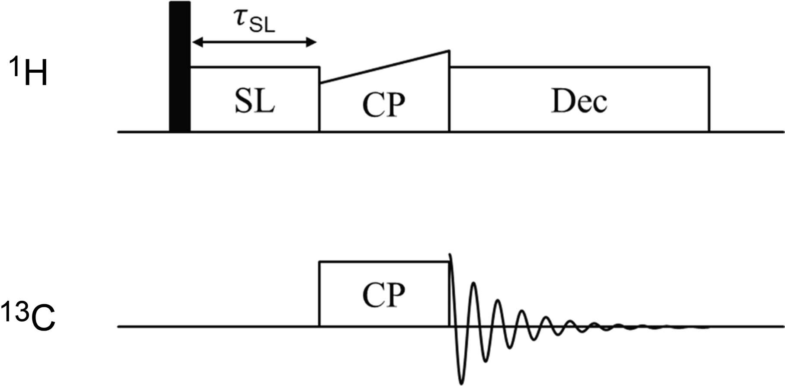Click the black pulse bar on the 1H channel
(x=180, y=67)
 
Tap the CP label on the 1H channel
(x=384, y=104)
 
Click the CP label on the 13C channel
(x=384, y=295)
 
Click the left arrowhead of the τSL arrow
(x=196, y=42)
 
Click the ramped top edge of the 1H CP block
(x=384, y=67)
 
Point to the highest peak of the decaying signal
(x=450, y=255)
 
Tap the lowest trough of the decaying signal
(x=461, y=383)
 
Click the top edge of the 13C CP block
(x=384, y=261)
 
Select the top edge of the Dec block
(x=579, y=67)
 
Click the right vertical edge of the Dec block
(x=709, y=100)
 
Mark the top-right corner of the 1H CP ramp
(x=449, y=51)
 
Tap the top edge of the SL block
(x=254, y=67)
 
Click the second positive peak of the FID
(x=474, y=283)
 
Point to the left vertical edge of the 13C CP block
(x=319, y=294)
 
